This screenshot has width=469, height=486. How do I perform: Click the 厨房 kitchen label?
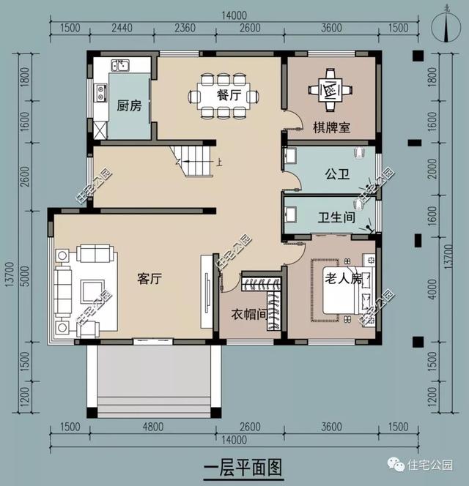pyautogui.click(x=129, y=105)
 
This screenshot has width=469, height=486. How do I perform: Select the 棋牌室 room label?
pyautogui.click(x=331, y=127)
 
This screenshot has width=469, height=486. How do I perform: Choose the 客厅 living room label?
pyautogui.click(x=150, y=278)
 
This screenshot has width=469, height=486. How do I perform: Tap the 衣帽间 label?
pyautogui.click(x=246, y=314)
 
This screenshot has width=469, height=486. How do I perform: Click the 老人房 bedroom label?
pyautogui.click(x=344, y=279)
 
